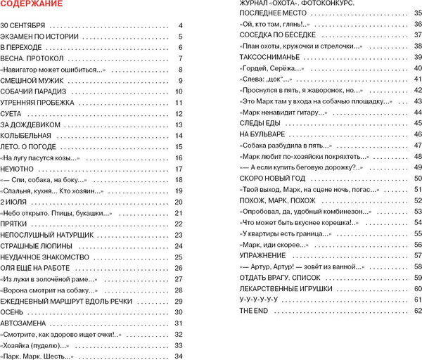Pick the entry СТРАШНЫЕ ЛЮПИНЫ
[34, 246]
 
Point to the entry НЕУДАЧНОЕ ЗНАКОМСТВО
[44, 257]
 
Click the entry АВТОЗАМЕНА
[25, 323]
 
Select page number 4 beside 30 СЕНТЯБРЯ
[181, 25]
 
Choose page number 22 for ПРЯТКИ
[179, 224]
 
